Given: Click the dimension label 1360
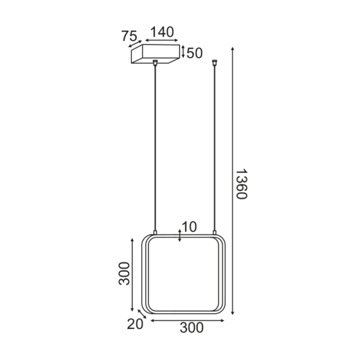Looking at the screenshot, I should [x=241, y=184].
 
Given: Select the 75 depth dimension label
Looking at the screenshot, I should [x=130, y=36].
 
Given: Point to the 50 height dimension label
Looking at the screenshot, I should [x=194, y=53].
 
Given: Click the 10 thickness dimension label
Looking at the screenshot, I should [x=189, y=227].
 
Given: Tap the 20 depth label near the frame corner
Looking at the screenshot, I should [x=135, y=324].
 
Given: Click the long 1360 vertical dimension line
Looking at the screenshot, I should [x=232, y=180].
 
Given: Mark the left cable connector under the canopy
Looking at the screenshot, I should [x=156, y=62].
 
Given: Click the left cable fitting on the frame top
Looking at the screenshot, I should [x=156, y=233].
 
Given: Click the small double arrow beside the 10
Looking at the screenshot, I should [x=180, y=234].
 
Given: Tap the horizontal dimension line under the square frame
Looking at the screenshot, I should [x=187, y=320].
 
